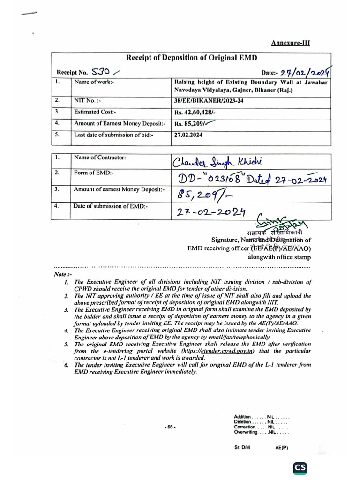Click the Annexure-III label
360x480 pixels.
(291, 43)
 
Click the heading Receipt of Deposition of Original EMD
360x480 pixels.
(191, 58)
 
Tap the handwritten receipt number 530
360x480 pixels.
(100, 72)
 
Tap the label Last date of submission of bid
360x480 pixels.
(114, 135)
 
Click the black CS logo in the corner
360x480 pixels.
(300, 468)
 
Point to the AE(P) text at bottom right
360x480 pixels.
(282, 447)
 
